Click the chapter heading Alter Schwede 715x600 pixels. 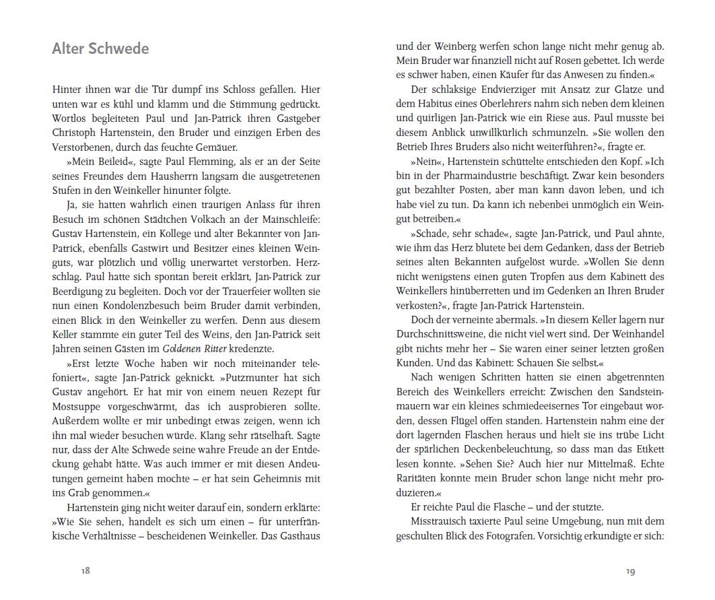point(100,49)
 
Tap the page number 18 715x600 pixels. point(86,571)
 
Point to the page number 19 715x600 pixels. point(629,571)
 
